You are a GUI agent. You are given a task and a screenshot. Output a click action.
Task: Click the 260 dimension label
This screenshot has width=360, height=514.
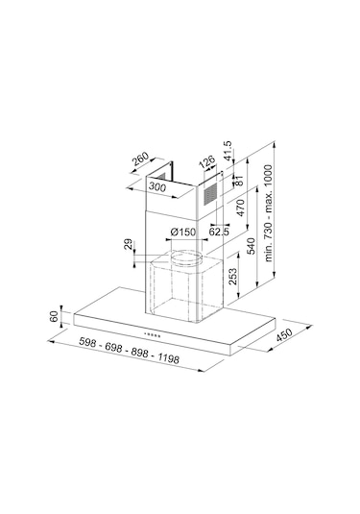coord(140,159)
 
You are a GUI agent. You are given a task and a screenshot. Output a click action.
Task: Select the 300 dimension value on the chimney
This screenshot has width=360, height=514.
coord(157,186)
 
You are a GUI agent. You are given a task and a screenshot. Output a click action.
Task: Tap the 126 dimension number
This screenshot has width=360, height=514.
coord(207,162)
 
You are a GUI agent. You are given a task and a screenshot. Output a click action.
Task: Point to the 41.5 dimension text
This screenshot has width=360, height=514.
coord(227,151)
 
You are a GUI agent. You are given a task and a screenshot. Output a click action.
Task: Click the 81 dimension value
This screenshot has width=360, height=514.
coord(239,181)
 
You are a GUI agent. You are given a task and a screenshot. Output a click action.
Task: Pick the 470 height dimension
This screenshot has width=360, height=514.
coord(240,208)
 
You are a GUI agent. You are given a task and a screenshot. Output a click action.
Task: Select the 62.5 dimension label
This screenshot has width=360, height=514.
coord(219,232)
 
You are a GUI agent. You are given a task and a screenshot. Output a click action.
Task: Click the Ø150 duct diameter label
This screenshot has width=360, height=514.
coord(182,233)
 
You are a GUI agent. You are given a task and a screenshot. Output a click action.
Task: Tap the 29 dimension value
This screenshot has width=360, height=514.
coord(129,244)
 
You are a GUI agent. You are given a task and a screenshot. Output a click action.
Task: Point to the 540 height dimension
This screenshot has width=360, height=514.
coord(251,246)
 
